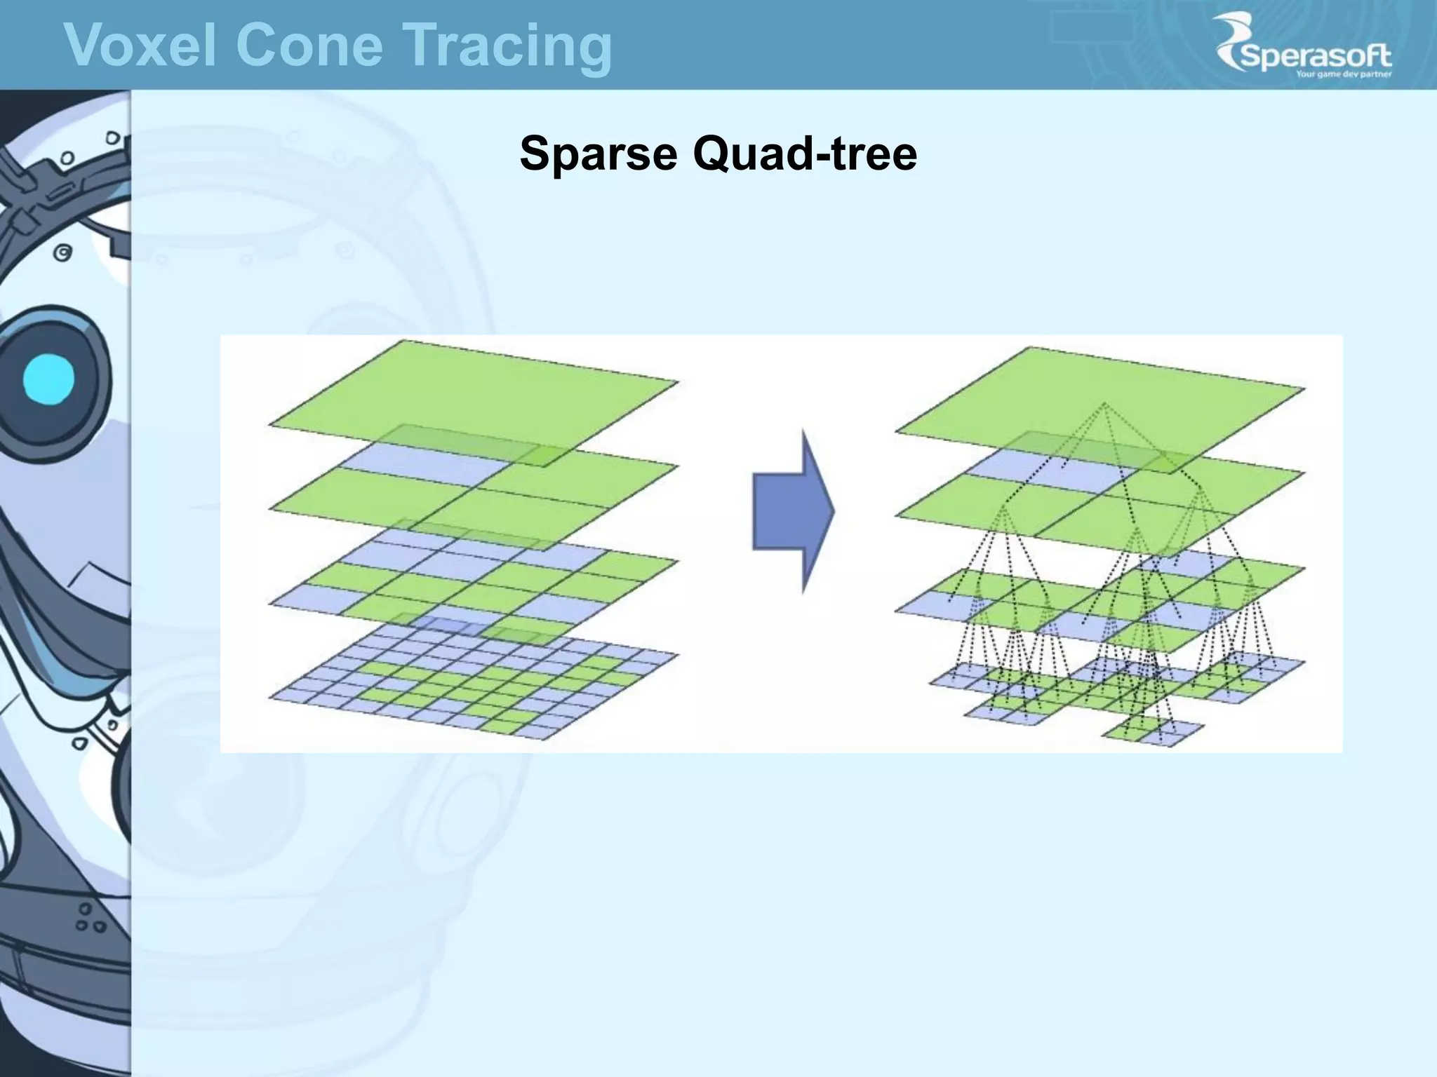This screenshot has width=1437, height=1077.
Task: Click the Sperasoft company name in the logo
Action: pyautogui.click(x=1315, y=57)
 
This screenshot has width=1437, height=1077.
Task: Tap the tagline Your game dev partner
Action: pyautogui.click(x=1343, y=74)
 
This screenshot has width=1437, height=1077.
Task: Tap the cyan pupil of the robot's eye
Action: pyautogui.click(x=48, y=379)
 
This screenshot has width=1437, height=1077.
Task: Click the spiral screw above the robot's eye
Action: pyautogui.click(x=63, y=252)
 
